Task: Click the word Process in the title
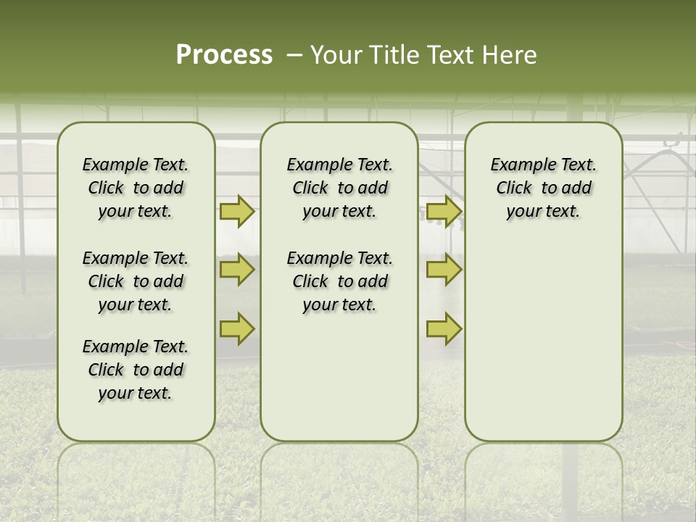224,55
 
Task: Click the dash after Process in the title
294,56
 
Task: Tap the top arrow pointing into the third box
444,212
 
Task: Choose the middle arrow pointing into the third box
444,270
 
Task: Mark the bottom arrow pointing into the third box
444,329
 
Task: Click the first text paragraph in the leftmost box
136,188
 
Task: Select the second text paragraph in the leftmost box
136,281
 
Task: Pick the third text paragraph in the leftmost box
136,370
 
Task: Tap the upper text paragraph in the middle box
339,188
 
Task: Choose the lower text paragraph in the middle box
339,281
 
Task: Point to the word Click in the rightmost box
514,188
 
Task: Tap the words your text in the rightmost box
543,212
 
